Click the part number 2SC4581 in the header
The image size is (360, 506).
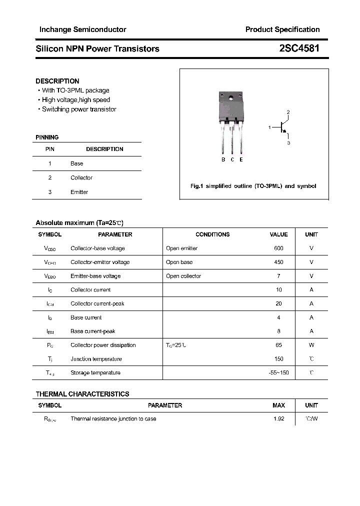tap(299, 48)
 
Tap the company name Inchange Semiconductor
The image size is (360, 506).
tap(82, 29)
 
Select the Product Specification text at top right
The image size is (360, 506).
tap(282, 29)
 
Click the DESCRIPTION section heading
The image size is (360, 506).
tap(57, 81)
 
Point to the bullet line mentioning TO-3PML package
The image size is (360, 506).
tap(75, 90)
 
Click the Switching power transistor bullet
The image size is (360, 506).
tap(79, 109)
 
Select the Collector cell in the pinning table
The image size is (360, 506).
tap(81, 177)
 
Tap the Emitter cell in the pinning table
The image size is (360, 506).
tap(79, 192)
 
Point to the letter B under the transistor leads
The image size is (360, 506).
tap(223, 159)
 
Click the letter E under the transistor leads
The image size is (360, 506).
tap(241, 159)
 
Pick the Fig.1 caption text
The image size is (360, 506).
tap(253, 186)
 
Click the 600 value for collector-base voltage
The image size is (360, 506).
tap(278, 248)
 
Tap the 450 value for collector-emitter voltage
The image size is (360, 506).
tap(278, 262)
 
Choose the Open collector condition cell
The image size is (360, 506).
tap(183, 276)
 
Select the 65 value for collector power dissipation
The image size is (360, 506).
tap(278, 345)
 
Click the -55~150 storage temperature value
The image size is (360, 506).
tap(278, 372)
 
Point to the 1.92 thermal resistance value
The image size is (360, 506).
tap(278, 419)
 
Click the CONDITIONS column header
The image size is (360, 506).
tap(212, 234)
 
